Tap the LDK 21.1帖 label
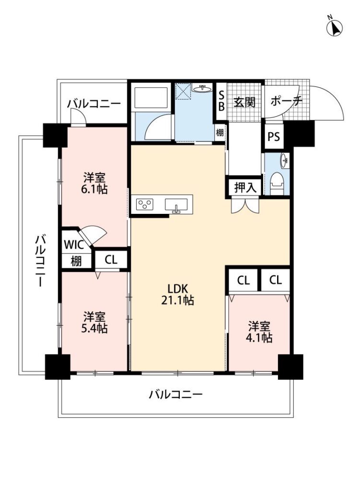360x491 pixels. click(177, 294)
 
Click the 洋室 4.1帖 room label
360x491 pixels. click(259, 332)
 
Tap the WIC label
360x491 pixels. click(74, 245)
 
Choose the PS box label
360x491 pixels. click(274, 137)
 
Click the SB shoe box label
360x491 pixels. click(221, 101)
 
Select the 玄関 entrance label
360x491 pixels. click(245, 102)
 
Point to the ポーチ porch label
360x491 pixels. click(287, 101)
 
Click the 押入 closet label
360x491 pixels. click(245, 187)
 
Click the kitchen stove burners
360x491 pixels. click(145, 204)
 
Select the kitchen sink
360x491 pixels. click(176, 205)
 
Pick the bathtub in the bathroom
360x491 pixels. click(151, 98)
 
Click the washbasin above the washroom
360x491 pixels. click(202, 88)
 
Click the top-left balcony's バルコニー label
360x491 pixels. click(93, 104)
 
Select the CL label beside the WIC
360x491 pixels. click(111, 259)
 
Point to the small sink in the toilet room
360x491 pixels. click(285, 160)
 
